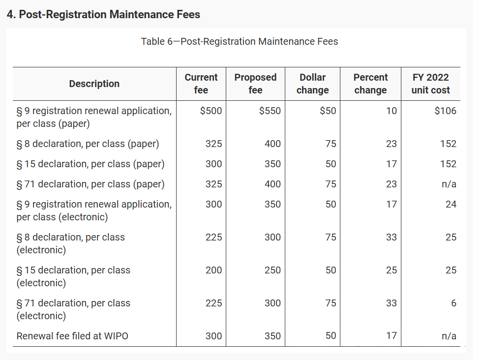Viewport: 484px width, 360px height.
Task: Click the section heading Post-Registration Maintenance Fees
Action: [103, 15]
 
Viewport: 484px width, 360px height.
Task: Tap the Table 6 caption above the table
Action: [240, 41]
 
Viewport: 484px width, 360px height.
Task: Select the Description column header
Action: [94, 84]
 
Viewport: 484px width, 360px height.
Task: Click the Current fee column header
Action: [201, 84]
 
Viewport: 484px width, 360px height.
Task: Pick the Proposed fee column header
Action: [255, 84]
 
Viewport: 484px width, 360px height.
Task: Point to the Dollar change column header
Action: [312, 84]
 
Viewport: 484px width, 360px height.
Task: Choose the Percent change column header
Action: [370, 84]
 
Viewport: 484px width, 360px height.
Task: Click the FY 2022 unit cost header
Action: [430, 84]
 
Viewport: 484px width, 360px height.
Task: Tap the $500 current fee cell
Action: [211, 111]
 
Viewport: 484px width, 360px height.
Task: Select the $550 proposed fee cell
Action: [270, 111]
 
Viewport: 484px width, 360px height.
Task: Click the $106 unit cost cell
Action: [445, 111]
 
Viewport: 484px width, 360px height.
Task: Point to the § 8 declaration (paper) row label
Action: [88, 144]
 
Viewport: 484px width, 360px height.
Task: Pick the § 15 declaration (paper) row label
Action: [91, 164]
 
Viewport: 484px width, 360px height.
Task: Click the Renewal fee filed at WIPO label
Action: [73, 336]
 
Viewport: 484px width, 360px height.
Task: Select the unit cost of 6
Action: [454, 303]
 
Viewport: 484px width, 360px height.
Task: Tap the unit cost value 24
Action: [451, 204]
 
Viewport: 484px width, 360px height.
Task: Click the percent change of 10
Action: [392, 111]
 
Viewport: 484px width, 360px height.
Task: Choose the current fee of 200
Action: [213, 270]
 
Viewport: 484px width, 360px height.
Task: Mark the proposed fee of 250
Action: [272, 270]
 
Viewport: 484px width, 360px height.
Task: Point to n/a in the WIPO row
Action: [449, 336]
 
